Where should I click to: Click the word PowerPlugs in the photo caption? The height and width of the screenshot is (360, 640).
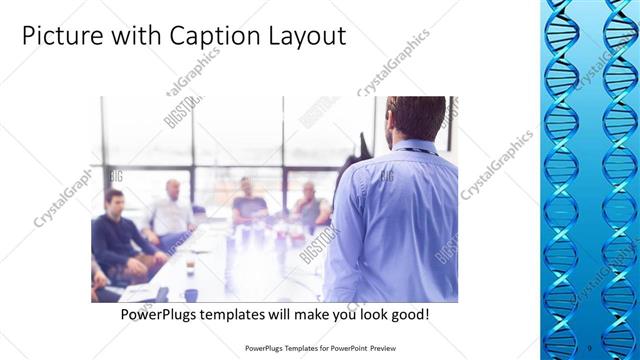[x=160, y=314]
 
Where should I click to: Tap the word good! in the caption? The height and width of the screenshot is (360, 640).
[x=411, y=314]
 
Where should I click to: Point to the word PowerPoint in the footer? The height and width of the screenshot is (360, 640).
[x=345, y=349]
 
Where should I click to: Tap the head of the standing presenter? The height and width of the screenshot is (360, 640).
[x=416, y=118]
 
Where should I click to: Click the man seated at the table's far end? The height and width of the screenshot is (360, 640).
[x=248, y=202]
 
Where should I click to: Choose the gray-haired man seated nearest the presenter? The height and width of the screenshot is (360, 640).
[x=309, y=205]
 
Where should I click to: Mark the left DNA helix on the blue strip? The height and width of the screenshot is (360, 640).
[x=561, y=170]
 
